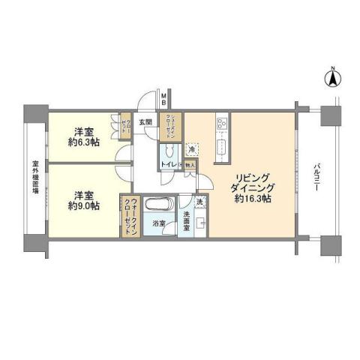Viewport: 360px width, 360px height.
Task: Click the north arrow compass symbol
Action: click(331, 76)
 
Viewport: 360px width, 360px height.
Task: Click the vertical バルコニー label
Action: click(317, 179)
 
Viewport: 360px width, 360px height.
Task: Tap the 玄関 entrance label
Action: click(145, 122)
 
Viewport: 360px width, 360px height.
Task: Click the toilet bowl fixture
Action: click(169, 148)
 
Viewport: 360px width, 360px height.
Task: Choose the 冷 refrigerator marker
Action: click(191, 148)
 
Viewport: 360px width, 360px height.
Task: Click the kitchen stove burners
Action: click(223, 122)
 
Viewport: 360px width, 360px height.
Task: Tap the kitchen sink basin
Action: click(222, 145)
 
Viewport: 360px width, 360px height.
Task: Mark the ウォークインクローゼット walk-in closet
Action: click(130, 216)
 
